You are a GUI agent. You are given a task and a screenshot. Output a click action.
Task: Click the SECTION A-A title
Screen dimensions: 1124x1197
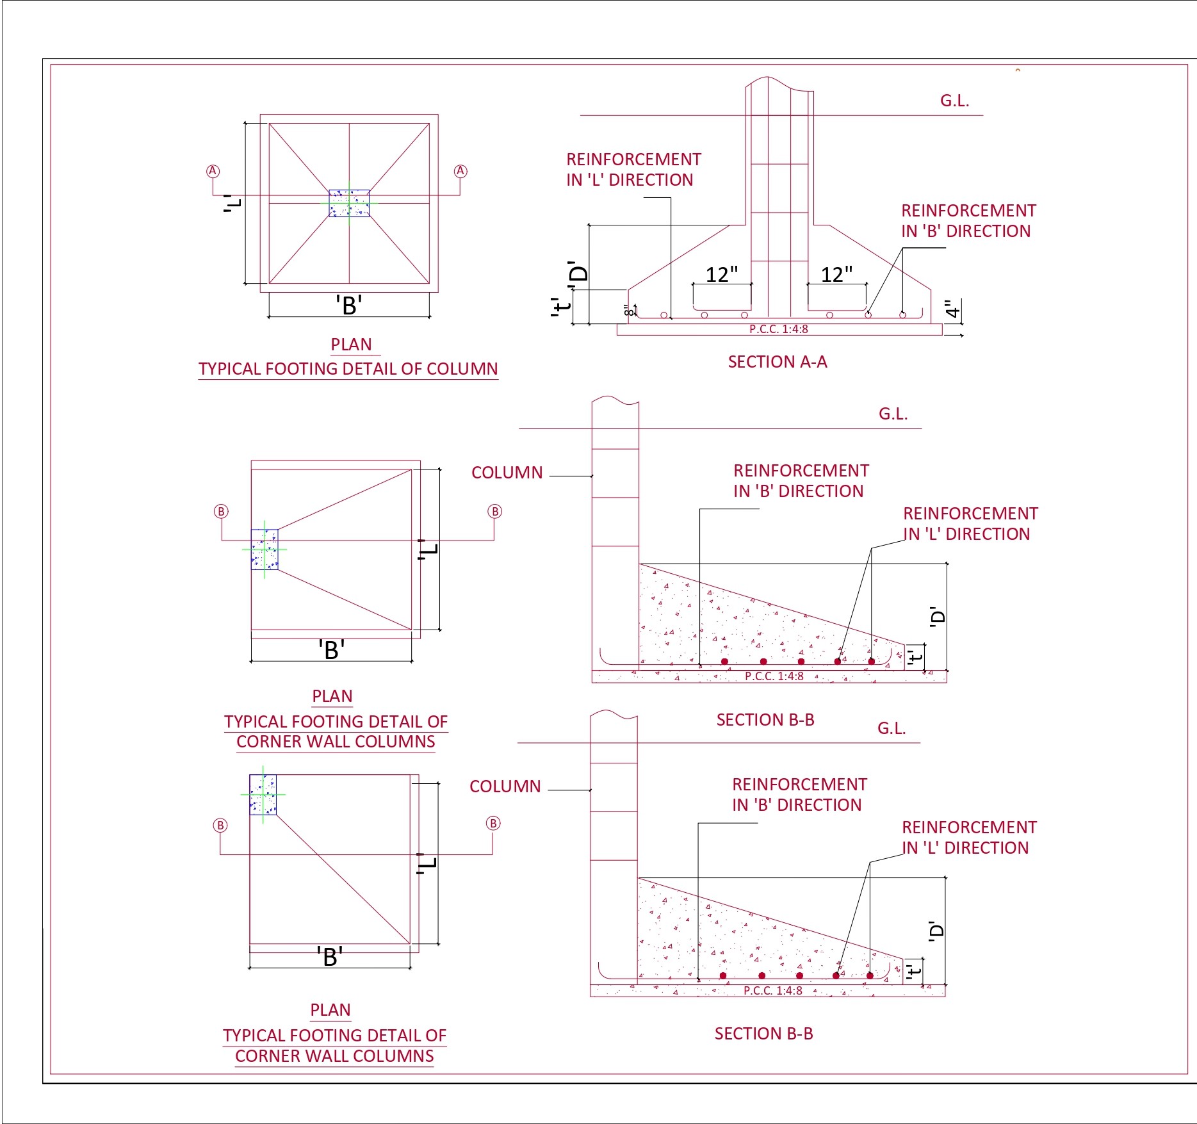(x=777, y=362)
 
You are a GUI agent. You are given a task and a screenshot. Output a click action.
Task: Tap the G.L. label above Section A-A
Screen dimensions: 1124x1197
(x=954, y=101)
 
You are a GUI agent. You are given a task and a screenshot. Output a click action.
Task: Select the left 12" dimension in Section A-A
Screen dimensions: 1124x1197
(x=721, y=275)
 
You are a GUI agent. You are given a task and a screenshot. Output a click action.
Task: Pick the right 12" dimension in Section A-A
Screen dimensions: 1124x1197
(x=836, y=275)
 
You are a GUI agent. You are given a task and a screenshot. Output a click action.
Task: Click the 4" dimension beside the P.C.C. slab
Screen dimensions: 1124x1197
(x=953, y=310)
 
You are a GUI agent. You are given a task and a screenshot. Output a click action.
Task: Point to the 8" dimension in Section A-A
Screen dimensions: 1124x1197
(x=630, y=311)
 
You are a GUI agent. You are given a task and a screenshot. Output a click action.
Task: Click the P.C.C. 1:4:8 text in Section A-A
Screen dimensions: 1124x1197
(x=778, y=329)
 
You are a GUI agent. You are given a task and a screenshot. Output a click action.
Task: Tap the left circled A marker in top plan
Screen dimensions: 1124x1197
(x=213, y=171)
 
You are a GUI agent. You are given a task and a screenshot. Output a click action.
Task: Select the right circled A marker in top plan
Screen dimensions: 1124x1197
(x=460, y=171)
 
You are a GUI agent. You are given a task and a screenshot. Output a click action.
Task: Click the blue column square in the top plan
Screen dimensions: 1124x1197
(x=349, y=203)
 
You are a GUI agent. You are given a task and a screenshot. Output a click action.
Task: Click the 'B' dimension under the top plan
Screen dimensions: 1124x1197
(x=349, y=305)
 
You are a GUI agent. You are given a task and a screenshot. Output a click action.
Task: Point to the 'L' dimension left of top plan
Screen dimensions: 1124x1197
(x=233, y=203)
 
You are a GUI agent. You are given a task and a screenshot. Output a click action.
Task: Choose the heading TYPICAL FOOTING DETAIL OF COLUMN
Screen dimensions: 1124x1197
(x=348, y=369)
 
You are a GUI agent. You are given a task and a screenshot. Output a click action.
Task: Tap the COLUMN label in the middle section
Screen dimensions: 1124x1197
(x=507, y=473)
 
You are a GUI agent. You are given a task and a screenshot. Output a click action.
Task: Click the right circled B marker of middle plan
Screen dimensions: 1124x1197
(x=494, y=511)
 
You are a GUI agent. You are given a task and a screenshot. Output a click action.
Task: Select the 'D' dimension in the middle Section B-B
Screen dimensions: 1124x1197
(x=938, y=616)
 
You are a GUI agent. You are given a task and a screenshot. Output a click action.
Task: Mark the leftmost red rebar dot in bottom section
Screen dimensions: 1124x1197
(x=722, y=975)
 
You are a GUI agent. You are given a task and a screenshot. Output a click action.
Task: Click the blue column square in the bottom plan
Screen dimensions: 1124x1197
(x=263, y=795)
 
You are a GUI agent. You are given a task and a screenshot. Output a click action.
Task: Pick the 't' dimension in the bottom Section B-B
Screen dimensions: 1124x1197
(x=915, y=971)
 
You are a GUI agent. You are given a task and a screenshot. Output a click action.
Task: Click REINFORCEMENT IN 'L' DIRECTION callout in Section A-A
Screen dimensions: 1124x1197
(x=633, y=170)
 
